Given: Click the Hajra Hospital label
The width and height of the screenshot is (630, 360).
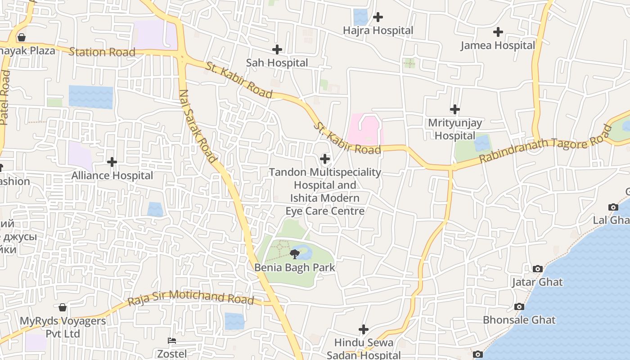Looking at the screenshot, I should pos(378,31).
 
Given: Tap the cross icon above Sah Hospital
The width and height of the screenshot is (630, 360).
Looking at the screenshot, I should pos(277,49).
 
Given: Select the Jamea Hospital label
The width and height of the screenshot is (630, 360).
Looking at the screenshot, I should pos(498,45).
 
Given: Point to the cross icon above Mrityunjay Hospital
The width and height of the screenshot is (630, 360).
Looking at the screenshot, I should pos(455,109).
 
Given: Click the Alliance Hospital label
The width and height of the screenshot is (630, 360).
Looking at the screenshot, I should pos(112,175).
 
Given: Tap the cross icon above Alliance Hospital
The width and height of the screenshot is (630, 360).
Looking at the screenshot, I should pos(112,162).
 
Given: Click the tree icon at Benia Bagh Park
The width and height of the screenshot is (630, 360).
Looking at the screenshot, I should pos(295,255).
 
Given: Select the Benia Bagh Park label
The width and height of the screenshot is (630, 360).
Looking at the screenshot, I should pos(295,268).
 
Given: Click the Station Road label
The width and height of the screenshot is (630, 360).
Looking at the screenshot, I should pos(102,52).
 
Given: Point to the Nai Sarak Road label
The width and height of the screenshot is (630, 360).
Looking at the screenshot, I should pos(198,126).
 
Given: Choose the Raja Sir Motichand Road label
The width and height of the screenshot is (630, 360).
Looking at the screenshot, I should pos(191,297).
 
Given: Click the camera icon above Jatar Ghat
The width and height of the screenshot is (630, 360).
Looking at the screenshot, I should pos(537,269).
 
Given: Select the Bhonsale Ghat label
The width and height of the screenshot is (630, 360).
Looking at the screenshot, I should pos(519,320).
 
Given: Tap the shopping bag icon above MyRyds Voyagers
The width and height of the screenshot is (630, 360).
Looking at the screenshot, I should pos(63,307).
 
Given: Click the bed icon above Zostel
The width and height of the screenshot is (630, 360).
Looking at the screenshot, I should pos(172,341).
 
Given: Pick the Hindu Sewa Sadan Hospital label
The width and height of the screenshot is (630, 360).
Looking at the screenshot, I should pos(364,349).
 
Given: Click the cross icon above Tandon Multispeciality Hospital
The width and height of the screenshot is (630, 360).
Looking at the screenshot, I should pos(325,159).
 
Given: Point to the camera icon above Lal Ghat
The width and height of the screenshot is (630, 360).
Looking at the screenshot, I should pos(613,207).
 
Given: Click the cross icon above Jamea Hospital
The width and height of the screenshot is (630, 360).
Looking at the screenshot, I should pos(498,32).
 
